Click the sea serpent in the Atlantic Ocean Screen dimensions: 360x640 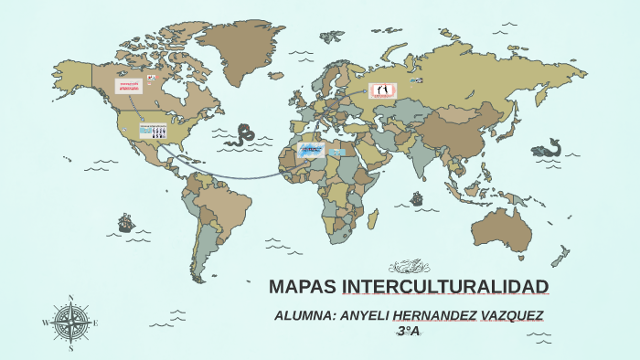[243, 135]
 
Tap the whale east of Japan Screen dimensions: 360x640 [549, 147]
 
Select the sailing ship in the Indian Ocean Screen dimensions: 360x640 [418, 197]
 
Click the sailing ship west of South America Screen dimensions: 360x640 [125, 222]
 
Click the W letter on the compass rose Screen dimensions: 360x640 [46, 323]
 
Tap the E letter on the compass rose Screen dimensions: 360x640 [96, 323]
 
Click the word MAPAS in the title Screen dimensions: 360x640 [303, 287]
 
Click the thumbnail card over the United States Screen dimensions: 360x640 [153, 132]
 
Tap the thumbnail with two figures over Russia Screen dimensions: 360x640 [381, 90]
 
